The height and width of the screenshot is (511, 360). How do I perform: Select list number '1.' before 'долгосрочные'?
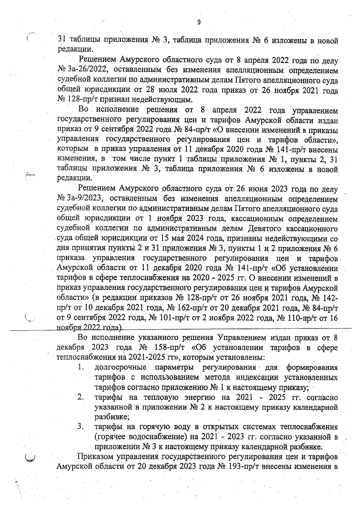pos(80,367)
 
